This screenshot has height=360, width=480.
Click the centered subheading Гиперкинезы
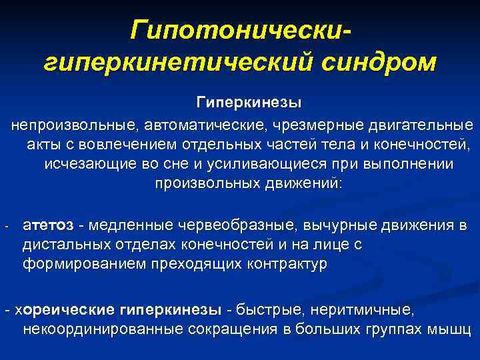pyautogui.click(x=249, y=103)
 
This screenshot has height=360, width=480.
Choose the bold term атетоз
pyautogui.click(x=45, y=225)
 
